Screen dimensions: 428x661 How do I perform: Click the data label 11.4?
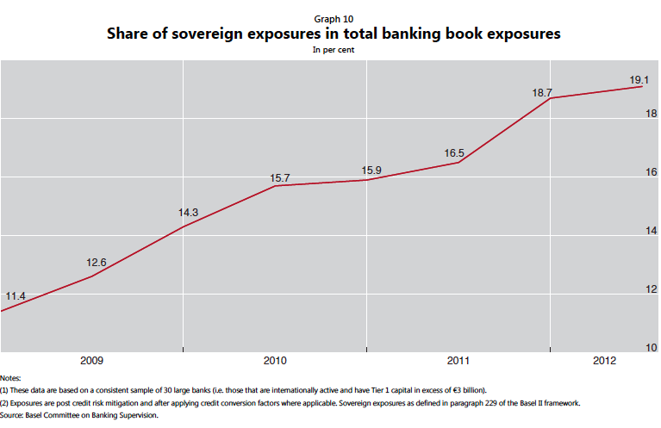click(16, 296)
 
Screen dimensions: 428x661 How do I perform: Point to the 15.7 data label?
click(280, 178)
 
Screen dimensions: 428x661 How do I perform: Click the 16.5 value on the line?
click(454, 153)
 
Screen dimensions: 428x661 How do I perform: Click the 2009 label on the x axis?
click(91, 360)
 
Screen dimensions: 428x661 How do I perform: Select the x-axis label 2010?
click(275, 360)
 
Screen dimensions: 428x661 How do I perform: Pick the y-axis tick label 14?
click(652, 230)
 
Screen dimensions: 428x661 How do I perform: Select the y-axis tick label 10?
click(652, 347)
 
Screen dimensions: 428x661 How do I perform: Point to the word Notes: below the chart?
click(11, 378)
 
